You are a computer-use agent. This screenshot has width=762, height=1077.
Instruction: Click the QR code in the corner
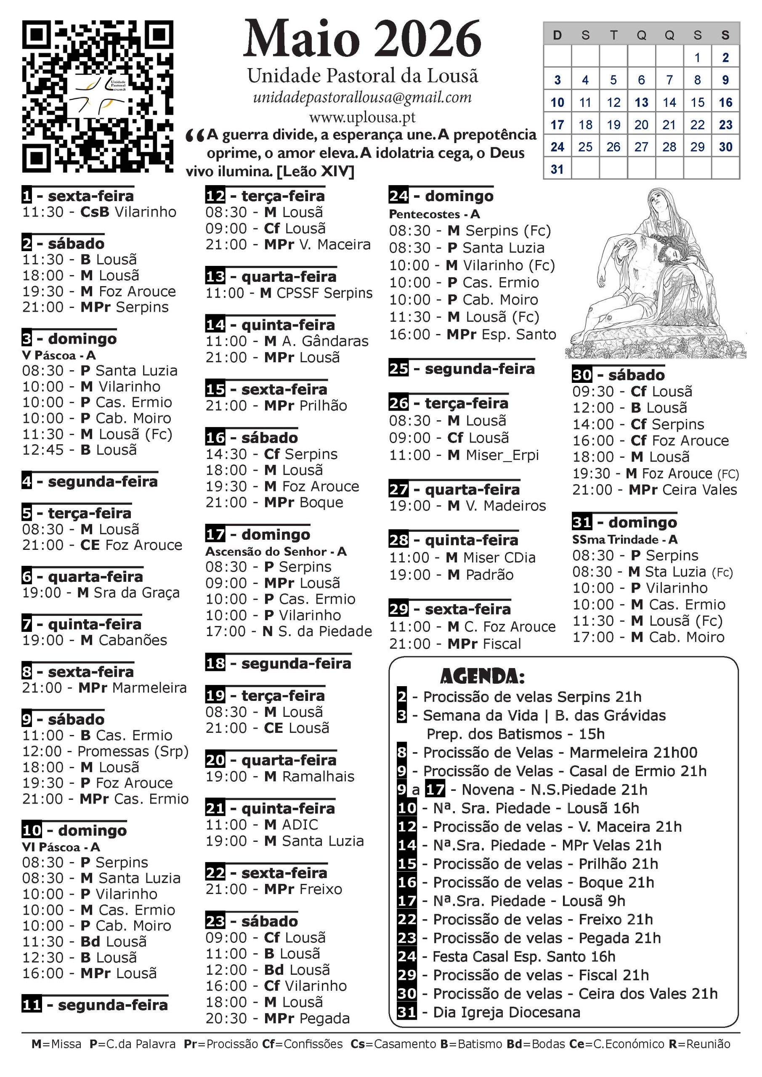click(x=98, y=96)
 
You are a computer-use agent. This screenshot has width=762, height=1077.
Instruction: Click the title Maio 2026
click(x=362, y=40)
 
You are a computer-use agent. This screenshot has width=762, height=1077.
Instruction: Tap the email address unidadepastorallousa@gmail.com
click(x=362, y=97)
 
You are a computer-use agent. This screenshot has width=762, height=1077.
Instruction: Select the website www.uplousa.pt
click(x=362, y=117)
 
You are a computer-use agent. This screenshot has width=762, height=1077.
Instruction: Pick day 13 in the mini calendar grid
click(x=641, y=102)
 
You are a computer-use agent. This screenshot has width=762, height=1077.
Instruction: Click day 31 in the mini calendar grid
click(x=557, y=170)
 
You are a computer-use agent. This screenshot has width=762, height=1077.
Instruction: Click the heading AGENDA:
click(x=482, y=676)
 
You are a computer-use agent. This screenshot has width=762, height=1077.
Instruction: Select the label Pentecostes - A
click(x=434, y=215)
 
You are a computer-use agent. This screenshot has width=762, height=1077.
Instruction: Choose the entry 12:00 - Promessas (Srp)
click(x=105, y=751)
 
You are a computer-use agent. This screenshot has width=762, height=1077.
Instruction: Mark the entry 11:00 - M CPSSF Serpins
click(x=289, y=293)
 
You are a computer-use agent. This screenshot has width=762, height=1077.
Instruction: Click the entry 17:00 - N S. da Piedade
click(x=289, y=631)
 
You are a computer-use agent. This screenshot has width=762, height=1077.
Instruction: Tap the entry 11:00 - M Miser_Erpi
click(x=464, y=455)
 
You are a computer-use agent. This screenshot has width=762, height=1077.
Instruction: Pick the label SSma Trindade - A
click(x=624, y=539)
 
